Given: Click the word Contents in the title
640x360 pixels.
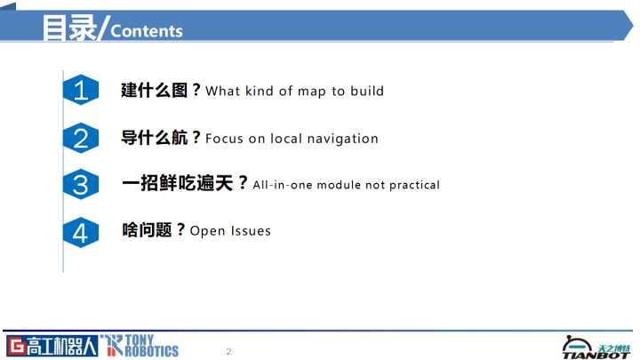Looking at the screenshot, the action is [147, 31].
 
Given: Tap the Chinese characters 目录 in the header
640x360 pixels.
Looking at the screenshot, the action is [69, 28].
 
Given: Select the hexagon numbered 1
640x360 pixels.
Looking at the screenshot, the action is [81, 90].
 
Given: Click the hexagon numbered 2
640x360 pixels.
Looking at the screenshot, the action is [81, 138].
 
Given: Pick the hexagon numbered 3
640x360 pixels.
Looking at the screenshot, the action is [81, 184].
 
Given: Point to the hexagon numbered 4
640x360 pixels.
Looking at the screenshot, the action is [81, 232].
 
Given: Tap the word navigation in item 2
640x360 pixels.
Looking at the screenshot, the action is [343, 140].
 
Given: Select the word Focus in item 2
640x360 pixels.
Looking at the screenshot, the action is [225, 139].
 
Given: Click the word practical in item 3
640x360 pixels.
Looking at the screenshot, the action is [415, 185].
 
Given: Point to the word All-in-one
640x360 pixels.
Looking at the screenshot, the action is [283, 185].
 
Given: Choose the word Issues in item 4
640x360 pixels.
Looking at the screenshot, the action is [251, 231].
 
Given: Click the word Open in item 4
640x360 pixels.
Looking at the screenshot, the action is [207, 231].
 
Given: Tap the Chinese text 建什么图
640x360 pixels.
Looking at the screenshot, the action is [154, 90].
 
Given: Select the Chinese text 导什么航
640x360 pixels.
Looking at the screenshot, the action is [154, 138].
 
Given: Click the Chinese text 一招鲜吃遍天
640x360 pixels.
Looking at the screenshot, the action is [178, 183].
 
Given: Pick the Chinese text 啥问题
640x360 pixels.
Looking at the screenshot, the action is [147, 230].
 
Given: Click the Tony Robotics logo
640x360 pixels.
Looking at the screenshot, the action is [140, 346].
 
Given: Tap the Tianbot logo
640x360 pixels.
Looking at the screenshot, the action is [596, 348].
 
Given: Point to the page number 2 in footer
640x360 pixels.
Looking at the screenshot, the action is [229, 351].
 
